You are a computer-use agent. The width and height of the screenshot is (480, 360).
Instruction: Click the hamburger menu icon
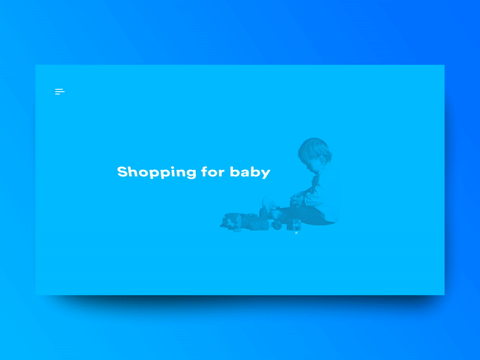click(x=59, y=92)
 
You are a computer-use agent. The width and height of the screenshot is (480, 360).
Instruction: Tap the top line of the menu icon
click(x=59, y=89)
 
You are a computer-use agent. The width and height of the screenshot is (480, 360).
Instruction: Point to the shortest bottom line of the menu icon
click(x=58, y=94)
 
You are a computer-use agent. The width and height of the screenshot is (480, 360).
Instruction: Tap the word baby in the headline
click(x=250, y=172)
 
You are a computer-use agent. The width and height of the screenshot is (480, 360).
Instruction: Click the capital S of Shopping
click(x=122, y=172)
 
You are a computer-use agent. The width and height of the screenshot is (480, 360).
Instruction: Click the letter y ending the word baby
click(x=266, y=173)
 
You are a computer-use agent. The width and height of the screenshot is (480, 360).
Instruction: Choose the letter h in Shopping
click(x=133, y=171)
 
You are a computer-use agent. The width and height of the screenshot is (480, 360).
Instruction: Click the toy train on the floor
click(x=243, y=221)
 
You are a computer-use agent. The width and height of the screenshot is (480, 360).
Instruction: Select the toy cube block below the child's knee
click(x=295, y=224)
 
